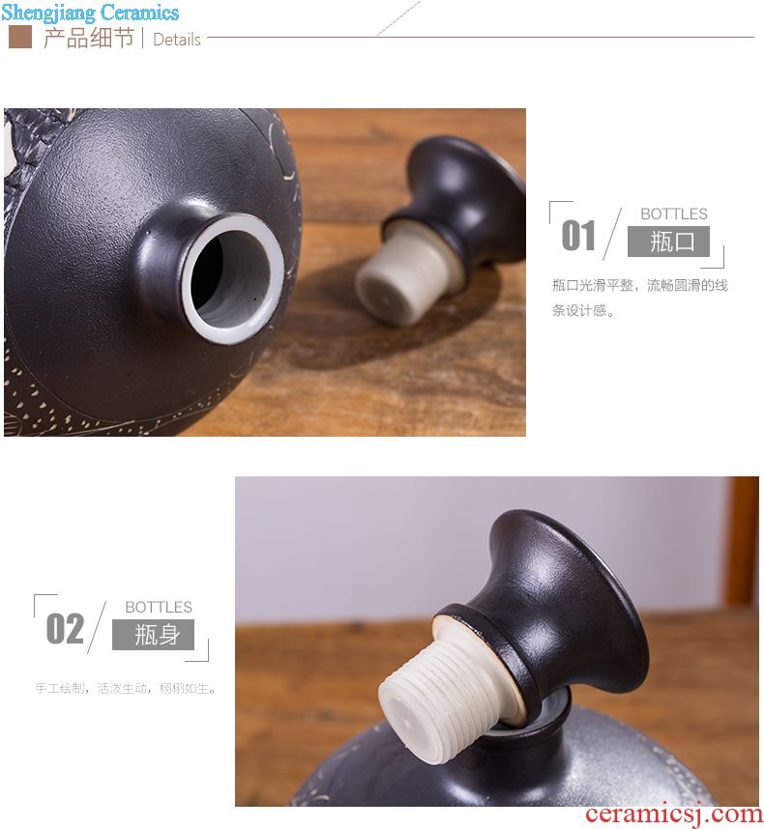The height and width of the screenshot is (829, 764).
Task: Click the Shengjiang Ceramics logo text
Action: pyautogui.click(x=90, y=13)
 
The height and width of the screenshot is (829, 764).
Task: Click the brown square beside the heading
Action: pyautogui.click(x=20, y=37)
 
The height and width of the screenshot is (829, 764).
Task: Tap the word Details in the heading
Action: pyautogui.click(x=177, y=40)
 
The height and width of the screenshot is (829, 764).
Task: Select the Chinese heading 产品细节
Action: pyautogui.click(x=89, y=38)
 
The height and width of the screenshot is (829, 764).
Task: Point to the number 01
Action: pyautogui.click(x=578, y=236)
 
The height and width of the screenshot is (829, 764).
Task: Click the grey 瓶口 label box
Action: pyautogui.click(x=668, y=242)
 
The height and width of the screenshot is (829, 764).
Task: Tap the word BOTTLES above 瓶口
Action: pyautogui.click(x=673, y=214)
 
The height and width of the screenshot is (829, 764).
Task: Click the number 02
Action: pyautogui.click(x=65, y=629)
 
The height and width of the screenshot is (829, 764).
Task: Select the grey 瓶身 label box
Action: pyautogui.click(x=153, y=635)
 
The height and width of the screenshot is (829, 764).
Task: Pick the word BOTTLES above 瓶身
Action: pyautogui.click(x=159, y=607)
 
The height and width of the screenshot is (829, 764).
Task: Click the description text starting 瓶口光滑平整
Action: pyautogui.click(x=639, y=298)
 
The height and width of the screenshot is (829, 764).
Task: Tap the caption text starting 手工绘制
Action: pyautogui.click(x=126, y=688)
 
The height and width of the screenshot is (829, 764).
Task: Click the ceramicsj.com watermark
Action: pyautogui.click(x=673, y=815)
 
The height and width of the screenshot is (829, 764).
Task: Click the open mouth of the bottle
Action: pyautogui.click(x=232, y=278)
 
